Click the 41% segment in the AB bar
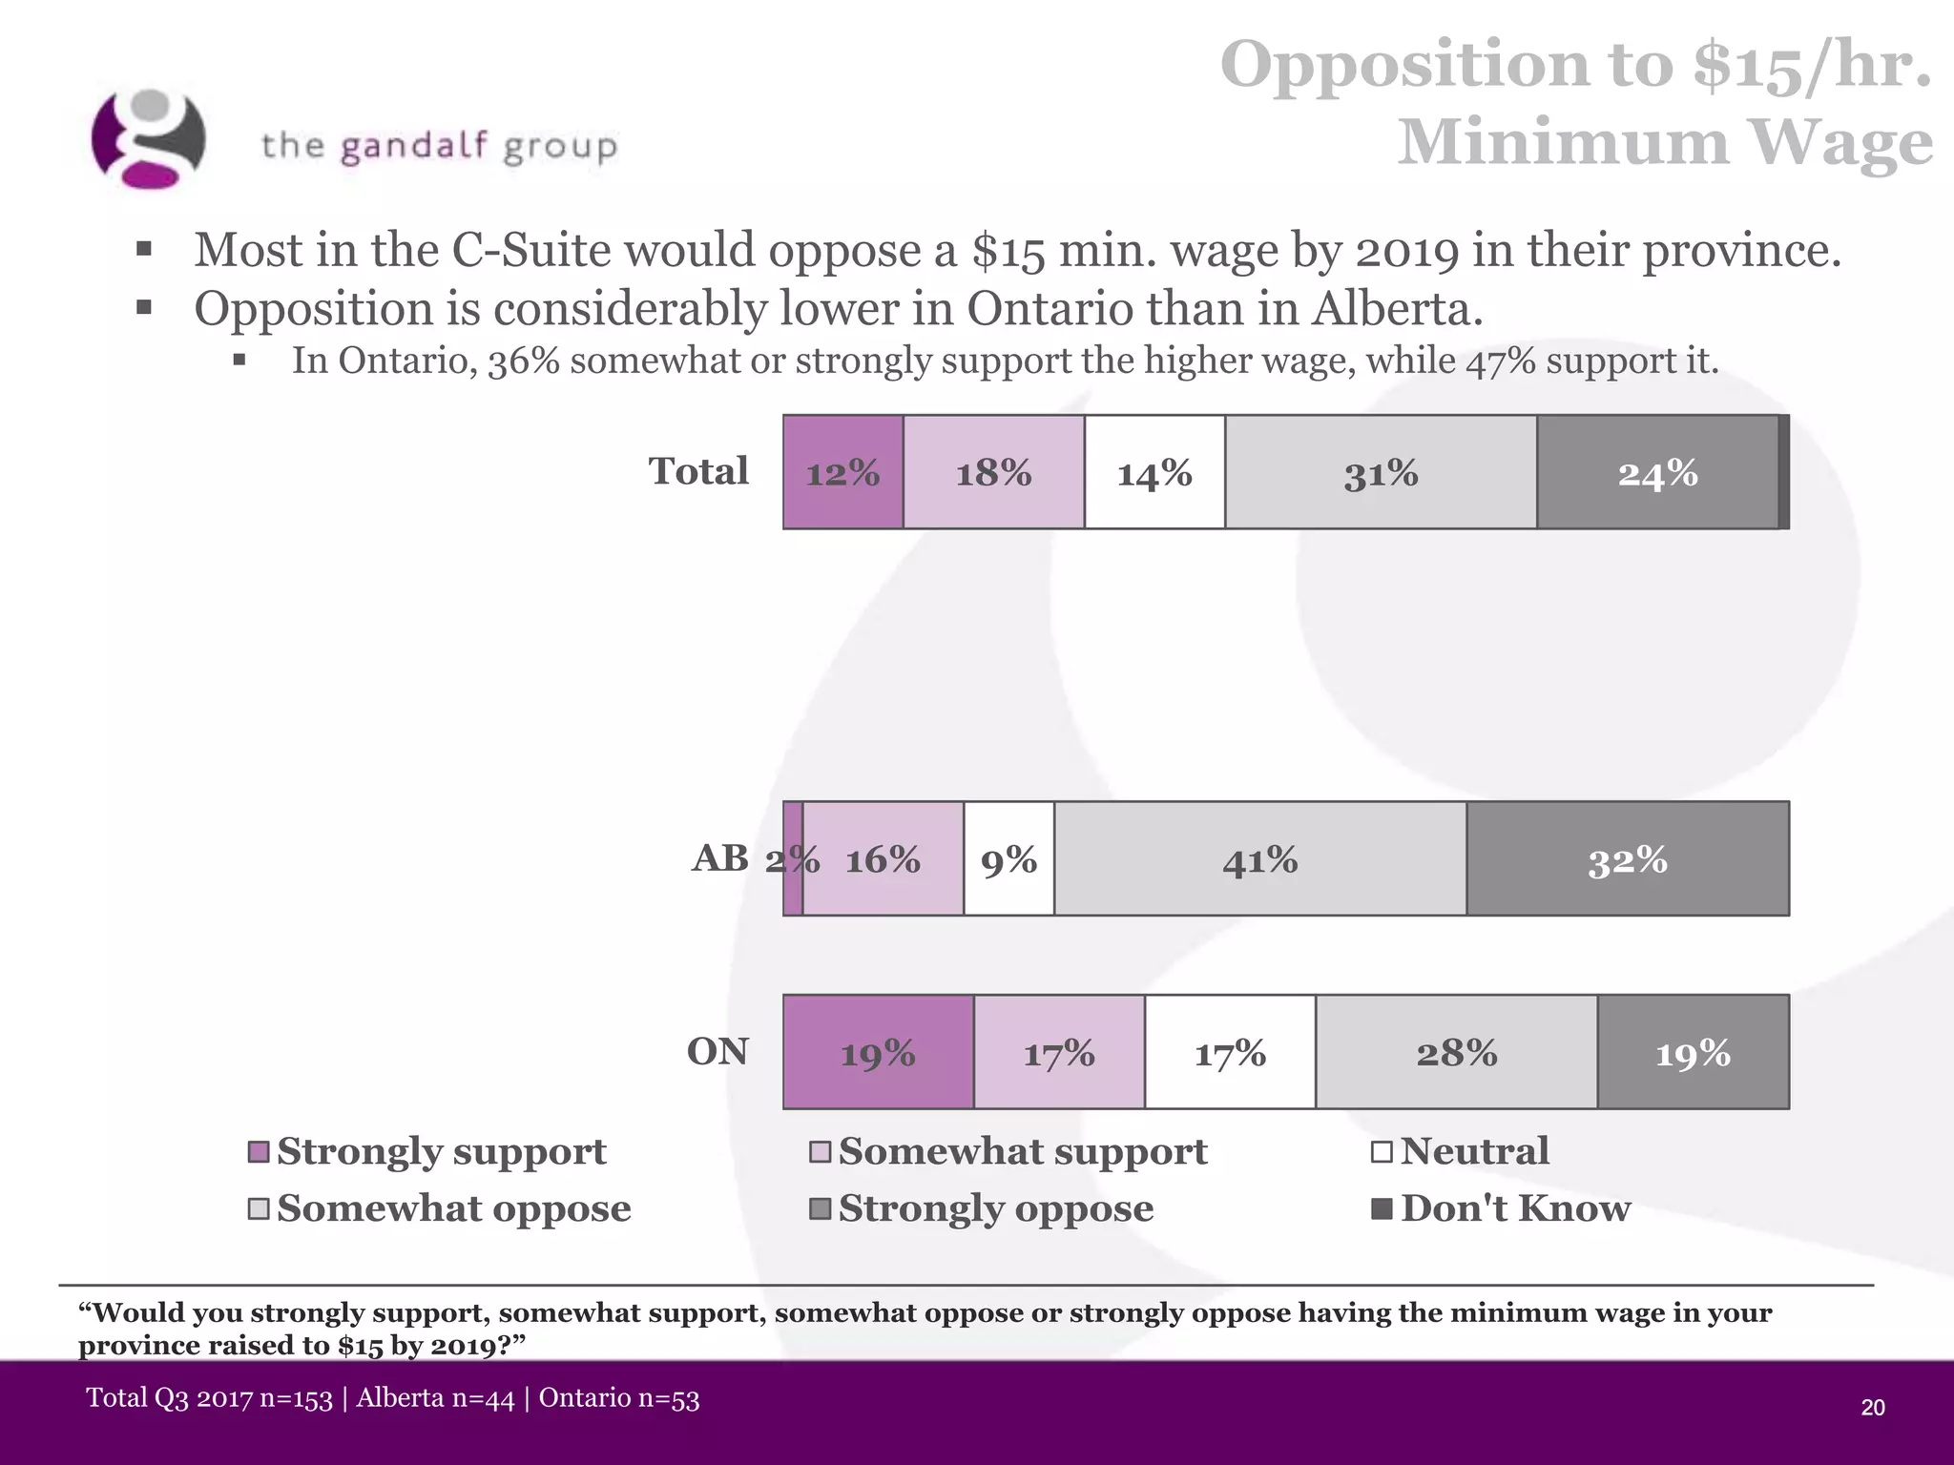pyautogui.click(x=1259, y=858)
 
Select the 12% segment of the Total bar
pyautogui.click(x=842, y=472)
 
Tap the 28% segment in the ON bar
pyautogui.click(x=1456, y=1052)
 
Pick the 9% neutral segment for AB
pyautogui.click(x=1008, y=858)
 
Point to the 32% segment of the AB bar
pyautogui.click(x=1628, y=858)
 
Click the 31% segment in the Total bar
pyautogui.click(x=1381, y=472)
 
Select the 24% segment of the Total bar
pyautogui.click(x=1657, y=472)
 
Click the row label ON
pyautogui.click(x=717, y=1051)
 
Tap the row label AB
pyautogui.click(x=720, y=857)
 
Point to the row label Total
pyautogui.click(x=698, y=471)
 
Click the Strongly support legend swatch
pyautogui.click(x=259, y=1152)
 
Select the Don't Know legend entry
pyautogui.click(x=1514, y=1208)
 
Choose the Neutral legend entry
pyautogui.click(x=1474, y=1151)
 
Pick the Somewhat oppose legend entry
pyautogui.click(x=453, y=1208)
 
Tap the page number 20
pyautogui.click(x=1873, y=1408)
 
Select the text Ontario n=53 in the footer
pyautogui.click(x=619, y=1398)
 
